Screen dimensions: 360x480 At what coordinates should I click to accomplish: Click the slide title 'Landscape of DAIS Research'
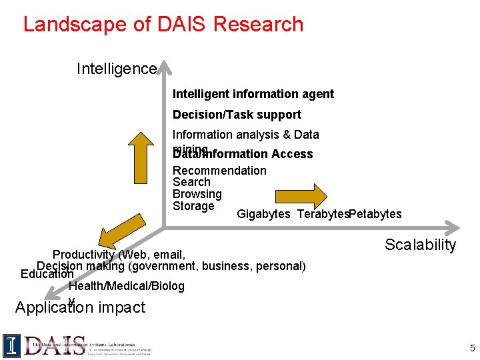pyautogui.click(x=163, y=24)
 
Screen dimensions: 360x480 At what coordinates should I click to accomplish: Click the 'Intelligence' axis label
pyautogui.click(x=117, y=69)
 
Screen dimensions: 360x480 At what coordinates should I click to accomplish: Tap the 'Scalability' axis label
pyautogui.click(x=420, y=245)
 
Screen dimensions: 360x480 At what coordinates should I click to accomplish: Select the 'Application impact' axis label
pyautogui.click(x=80, y=307)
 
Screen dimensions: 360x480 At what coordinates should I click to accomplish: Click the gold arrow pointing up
pyautogui.click(x=141, y=159)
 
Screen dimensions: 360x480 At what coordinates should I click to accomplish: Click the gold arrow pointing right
pyautogui.click(x=301, y=195)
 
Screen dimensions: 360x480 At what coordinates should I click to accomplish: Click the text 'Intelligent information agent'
pyautogui.click(x=253, y=94)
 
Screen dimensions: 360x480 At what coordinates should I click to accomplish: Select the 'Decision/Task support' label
pyautogui.click(x=237, y=115)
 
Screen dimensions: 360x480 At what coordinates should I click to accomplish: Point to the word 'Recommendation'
pyautogui.click(x=219, y=170)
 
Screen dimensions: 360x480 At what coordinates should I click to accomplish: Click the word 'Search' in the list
pyautogui.click(x=191, y=182)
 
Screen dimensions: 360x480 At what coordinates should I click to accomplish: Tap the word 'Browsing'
pyautogui.click(x=197, y=194)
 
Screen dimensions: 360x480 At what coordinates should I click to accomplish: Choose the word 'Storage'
pyautogui.click(x=193, y=206)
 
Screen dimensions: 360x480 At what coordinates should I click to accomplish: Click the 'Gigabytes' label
pyautogui.click(x=263, y=214)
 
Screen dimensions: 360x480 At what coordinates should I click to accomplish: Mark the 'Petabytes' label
pyautogui.click(x=375, y=214)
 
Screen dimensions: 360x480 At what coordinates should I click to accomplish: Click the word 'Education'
pyautogui.click(x=47, y=274)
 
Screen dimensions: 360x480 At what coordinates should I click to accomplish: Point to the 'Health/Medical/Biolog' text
pyautogui.click(x=127, y=286)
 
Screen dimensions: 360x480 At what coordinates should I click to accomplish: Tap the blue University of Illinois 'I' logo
pyautogui.click(x=12, y=345)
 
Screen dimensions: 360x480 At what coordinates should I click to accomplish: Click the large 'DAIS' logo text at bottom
pyautogui.click(x=55, y=345)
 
